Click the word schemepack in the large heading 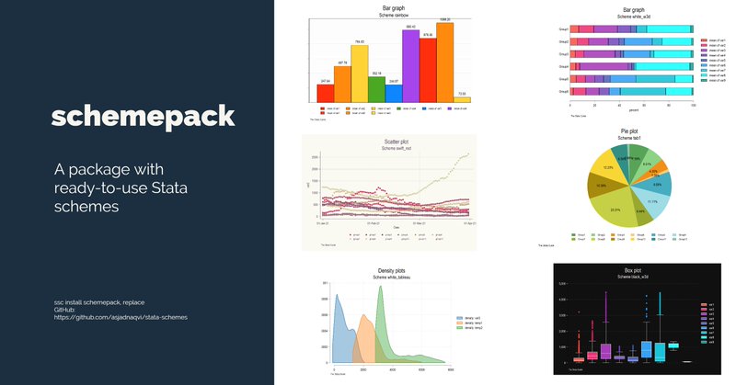tap(143, 117)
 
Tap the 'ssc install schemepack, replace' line tap(99, 301)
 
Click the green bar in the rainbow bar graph tap(375, 88)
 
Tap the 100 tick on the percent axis tap(693, 106)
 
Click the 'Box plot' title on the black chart tap(633, 271)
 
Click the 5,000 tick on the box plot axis tap(560, 287)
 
